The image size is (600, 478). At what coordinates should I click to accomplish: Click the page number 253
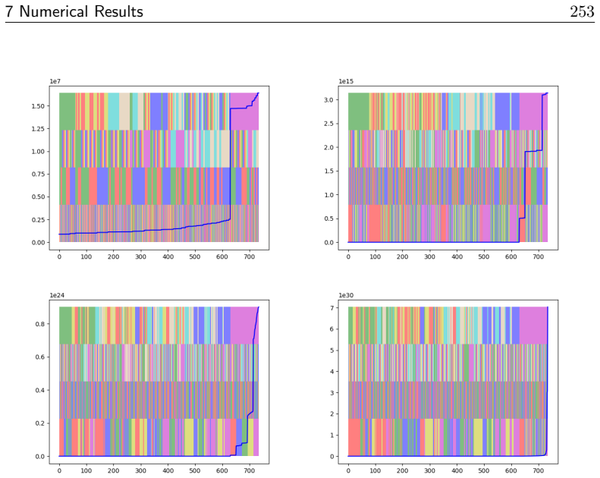(582, 11)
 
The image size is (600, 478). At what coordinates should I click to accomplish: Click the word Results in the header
(118, 11)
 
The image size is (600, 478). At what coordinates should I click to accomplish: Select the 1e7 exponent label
(55, 81)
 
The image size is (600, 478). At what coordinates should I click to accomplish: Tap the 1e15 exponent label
(346, 81)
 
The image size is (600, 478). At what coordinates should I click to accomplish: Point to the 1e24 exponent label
(57, 295)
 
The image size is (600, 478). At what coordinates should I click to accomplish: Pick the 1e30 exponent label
(346, 295)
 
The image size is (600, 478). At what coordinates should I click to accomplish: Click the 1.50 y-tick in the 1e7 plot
(38, 106)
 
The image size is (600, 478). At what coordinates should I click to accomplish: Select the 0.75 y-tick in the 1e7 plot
(38, 175)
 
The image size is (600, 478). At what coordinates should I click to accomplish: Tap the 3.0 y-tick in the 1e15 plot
(328, 100)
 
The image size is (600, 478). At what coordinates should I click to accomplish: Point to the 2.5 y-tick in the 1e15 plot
(328, 124)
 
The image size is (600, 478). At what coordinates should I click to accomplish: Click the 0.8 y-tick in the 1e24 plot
(39, 324)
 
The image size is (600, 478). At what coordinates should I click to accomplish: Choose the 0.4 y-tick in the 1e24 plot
(39, 390)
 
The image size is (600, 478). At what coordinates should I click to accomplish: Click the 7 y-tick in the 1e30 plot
(331, 308)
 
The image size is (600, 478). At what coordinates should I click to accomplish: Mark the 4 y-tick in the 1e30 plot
(331, 372)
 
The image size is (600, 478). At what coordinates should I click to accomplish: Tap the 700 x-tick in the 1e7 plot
(249, 256)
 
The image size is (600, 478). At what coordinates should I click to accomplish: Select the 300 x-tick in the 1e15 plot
(430, 256)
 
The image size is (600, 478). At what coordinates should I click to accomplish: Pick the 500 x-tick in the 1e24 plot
(195, 470)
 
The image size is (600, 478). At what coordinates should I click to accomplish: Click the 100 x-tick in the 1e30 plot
(375, 470)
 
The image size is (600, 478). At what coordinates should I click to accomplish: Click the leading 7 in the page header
(9, 11)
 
